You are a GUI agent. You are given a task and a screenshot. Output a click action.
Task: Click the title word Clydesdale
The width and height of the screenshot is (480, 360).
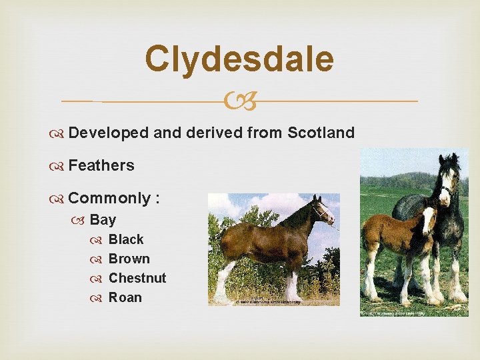(x=239, y=59)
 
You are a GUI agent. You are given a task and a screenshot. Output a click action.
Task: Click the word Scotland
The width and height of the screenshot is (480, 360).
(x=321, y=133)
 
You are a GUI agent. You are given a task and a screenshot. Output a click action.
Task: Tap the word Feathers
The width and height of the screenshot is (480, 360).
(x=101, y=165)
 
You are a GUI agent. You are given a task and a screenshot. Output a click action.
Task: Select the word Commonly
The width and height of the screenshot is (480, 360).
(x=109, y=199)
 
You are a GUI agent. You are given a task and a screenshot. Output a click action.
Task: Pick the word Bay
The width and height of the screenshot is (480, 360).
(x=103, y=219)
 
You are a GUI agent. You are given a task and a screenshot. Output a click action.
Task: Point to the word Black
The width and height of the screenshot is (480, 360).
(x=126, y=239)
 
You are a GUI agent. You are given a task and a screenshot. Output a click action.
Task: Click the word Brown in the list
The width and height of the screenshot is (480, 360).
(x=129, y=259)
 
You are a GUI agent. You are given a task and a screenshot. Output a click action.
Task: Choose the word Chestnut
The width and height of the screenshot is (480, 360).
(x=137, y=278)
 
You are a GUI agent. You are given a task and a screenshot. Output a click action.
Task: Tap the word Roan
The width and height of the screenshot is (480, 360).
(x=125, y=297)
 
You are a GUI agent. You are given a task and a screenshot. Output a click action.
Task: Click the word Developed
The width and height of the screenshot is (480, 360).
(x=108, y=133)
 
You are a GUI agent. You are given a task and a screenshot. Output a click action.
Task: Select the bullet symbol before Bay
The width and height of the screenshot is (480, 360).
(x=81, y=220)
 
